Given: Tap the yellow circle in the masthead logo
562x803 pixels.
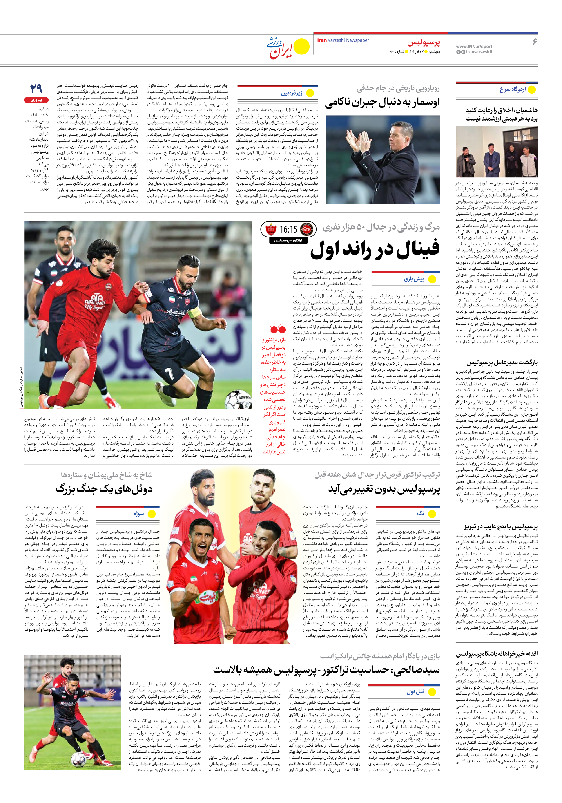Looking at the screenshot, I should [301, 47].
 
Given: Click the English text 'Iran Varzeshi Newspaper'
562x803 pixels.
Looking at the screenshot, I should [343, 40].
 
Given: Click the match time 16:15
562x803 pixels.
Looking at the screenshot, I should [288, 229].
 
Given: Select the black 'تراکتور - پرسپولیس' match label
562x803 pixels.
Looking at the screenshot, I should [288, 241].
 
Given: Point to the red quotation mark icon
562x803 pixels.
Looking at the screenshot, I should [278, 329].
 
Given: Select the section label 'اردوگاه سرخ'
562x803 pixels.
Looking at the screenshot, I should [512, 89].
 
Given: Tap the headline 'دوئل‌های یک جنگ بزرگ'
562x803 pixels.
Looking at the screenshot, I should [104, 489].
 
